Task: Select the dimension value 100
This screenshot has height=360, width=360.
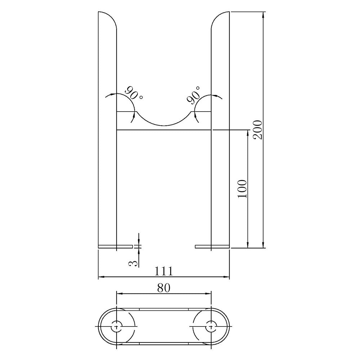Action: (x=242, y=189)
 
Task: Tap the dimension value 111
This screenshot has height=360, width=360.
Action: (x=163, y=271)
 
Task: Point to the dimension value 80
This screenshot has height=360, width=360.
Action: (x=164, y=288)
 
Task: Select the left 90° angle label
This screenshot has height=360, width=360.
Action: (x=134, y=94)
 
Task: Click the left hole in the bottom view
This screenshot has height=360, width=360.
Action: (x=117, y=327)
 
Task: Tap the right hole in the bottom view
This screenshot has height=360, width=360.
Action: (x=211, y=327)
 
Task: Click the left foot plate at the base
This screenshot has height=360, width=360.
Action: (x=116, y=247)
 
